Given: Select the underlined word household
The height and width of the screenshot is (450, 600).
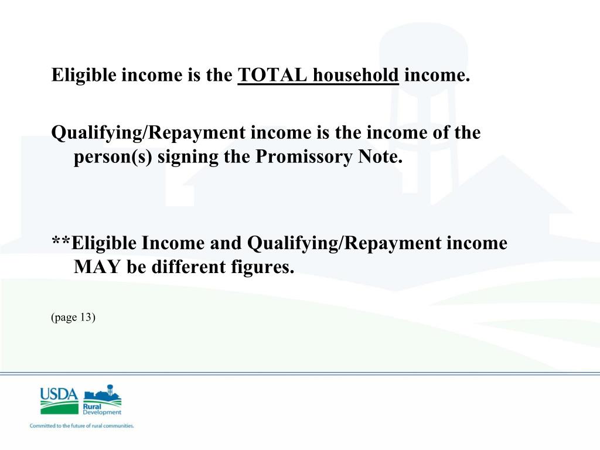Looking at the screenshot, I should coord(356,76).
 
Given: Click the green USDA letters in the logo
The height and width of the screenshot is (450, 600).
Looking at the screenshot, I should coord(59,394).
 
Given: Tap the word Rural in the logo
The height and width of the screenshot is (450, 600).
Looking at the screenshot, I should coord(92,406).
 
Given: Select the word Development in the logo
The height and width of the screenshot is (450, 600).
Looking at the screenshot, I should coord(103,412).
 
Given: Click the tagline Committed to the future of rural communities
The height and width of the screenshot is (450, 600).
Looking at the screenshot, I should coord(82,426).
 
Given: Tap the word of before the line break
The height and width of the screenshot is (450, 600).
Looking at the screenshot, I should coord(441,133).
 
